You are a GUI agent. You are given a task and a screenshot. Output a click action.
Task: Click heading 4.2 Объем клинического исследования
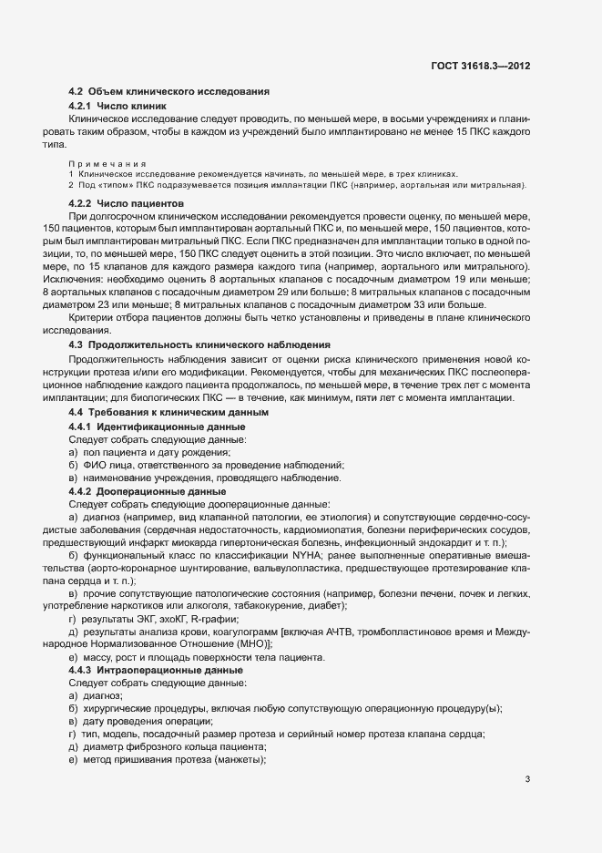(x=168, y=93)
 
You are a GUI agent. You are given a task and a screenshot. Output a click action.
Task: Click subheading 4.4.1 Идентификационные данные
(x=158, y=427)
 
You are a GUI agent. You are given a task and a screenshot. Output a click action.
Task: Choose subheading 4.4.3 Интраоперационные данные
(x=156, y=670)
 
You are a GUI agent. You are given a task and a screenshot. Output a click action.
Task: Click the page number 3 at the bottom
(x=528, y=779)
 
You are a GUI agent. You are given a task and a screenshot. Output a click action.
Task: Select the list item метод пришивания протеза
(x=173, y=760)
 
